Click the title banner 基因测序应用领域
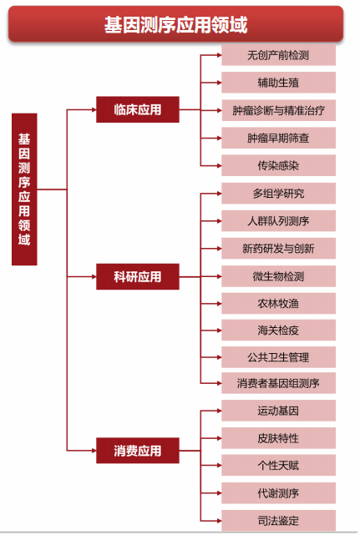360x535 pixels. tap(175, 24)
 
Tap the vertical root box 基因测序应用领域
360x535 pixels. tap(24, 189)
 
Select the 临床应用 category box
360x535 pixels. tap(138, 109)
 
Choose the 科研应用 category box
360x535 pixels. tap(138, 277)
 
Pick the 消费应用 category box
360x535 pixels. tap(138, 451)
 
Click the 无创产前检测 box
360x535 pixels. tap(278, 55)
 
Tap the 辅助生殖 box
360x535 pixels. tap(278, 83)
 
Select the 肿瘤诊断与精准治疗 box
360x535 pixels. tap(278, 110)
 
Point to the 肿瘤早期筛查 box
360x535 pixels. tap(278, 138)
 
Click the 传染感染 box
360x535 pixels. tap(278, 165)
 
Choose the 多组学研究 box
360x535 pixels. tap(278, 194)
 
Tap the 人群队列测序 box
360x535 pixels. tap(278, 220)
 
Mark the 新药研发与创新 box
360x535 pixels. tap(278, 249)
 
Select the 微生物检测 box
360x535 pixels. tap(278, 276)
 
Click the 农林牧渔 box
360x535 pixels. tap(278, 303)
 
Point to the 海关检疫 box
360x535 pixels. tap(278, 331)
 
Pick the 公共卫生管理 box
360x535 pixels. tap(278, 357)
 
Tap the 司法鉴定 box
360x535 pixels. tap(278, 521)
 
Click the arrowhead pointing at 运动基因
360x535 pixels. tap(219, 411)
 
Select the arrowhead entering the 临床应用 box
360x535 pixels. tap(94, 109)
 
